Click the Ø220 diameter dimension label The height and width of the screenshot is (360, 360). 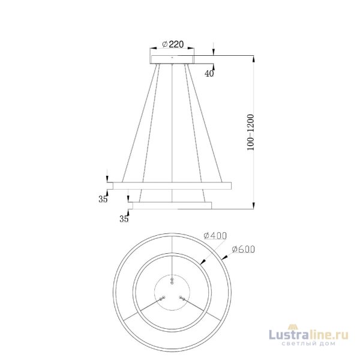pyautogui.click(x=173, y=44)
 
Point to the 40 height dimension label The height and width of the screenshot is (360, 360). pyautogui.click(x=209, y=74)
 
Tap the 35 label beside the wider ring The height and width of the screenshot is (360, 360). pyautogui.click(x=103, y=199)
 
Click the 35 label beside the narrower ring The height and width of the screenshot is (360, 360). pyautogui.click(x=124, y=219)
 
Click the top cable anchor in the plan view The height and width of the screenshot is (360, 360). pyautogui.click(x=173, y=279)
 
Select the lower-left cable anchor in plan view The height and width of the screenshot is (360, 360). pyautogui.click(x=162, y=298)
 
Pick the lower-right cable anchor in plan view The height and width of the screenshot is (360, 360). pyautogui.click(x=184, y=298)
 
